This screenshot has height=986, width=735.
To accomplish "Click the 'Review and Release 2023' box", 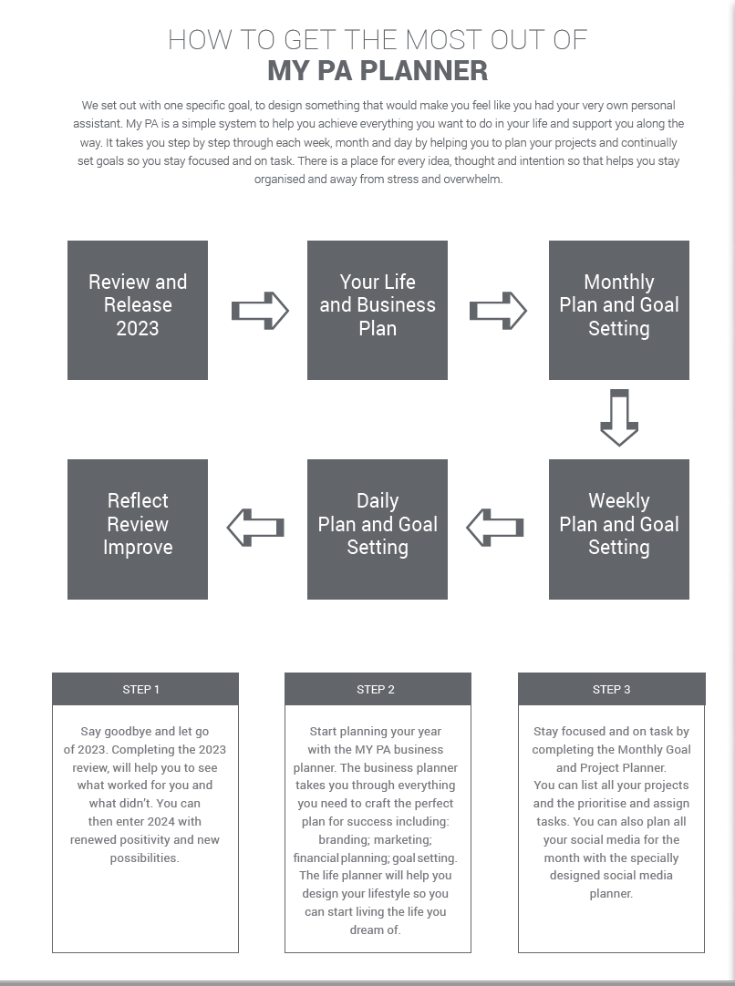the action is tap(137, 310).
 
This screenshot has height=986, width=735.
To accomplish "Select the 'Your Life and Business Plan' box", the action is tap(377, 310).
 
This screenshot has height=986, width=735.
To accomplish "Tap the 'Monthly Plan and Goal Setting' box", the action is tap(618, 310).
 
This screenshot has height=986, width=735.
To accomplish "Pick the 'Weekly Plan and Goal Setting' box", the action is tap(618, 529).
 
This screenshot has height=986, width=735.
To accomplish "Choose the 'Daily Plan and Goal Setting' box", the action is tap(377, 529).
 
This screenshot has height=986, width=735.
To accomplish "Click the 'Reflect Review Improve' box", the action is tap(137, 529).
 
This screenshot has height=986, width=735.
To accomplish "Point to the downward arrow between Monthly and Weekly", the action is tap(619, 418).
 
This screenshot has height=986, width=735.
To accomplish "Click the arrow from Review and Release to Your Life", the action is tap(260, 311).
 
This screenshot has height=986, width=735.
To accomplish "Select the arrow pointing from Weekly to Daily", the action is tap(495, 528).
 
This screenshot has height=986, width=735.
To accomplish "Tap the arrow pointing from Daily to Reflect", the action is tap(255, 528).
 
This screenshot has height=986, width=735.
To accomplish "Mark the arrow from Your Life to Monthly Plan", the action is tap(498, 311).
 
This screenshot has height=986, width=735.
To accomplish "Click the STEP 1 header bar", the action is tap(145, 689).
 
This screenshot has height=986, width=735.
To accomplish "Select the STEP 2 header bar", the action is tap(378, 689).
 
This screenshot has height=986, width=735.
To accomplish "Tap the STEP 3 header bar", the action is tap(612, 689).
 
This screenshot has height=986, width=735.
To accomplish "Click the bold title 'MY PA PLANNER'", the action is tap(378, 70).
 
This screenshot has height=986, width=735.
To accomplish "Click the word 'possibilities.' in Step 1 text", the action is tap(145, 858).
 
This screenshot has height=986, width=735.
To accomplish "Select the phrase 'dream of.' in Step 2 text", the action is tap(375, 930).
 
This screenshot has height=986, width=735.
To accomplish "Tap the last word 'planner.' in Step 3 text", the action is tap(611, 894).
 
